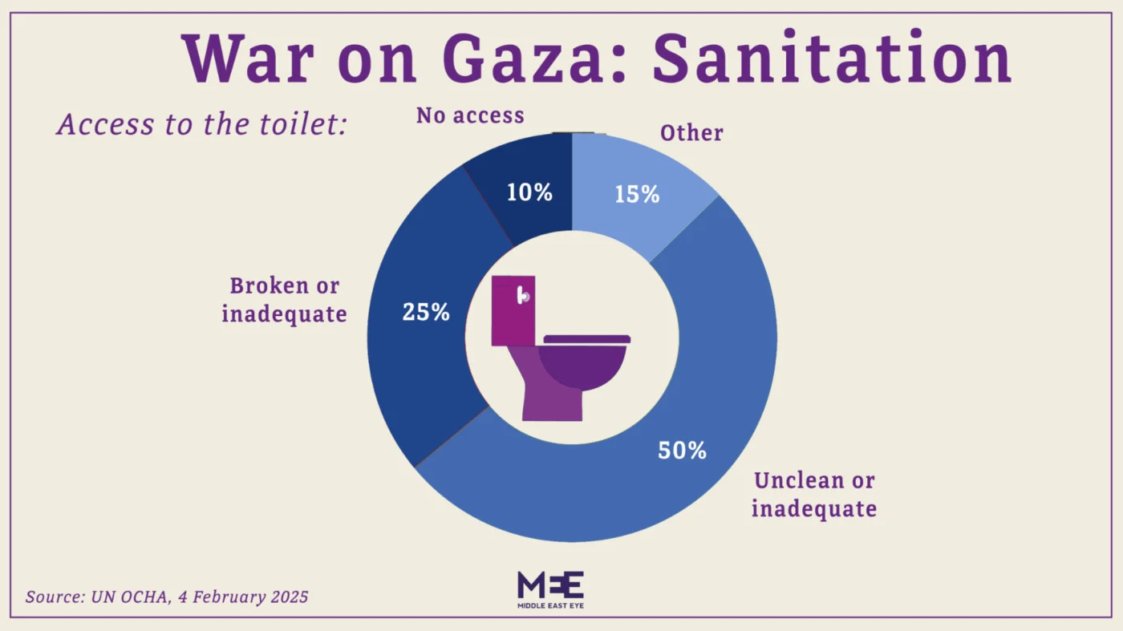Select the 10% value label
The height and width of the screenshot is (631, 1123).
click(529, 192)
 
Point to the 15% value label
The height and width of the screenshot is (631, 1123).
click(637, 194)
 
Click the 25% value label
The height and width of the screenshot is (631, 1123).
click(426, 313)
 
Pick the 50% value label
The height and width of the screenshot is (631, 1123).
click(682, 451)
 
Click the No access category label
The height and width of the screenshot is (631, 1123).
click(470, 116)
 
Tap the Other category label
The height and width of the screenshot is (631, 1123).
click(691, 133)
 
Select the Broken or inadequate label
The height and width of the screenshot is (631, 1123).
click(284, 300)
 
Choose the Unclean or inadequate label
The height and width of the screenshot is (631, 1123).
click(813, 494)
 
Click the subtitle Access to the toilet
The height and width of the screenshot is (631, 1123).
click(201, 125)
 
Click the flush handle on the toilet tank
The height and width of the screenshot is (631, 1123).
click(524, 296)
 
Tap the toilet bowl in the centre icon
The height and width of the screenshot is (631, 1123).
click(582, 367)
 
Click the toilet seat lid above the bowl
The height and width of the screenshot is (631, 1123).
click(586, 339)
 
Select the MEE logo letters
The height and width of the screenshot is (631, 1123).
click(550, 584)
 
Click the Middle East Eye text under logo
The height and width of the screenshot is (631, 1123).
click(550, 607)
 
